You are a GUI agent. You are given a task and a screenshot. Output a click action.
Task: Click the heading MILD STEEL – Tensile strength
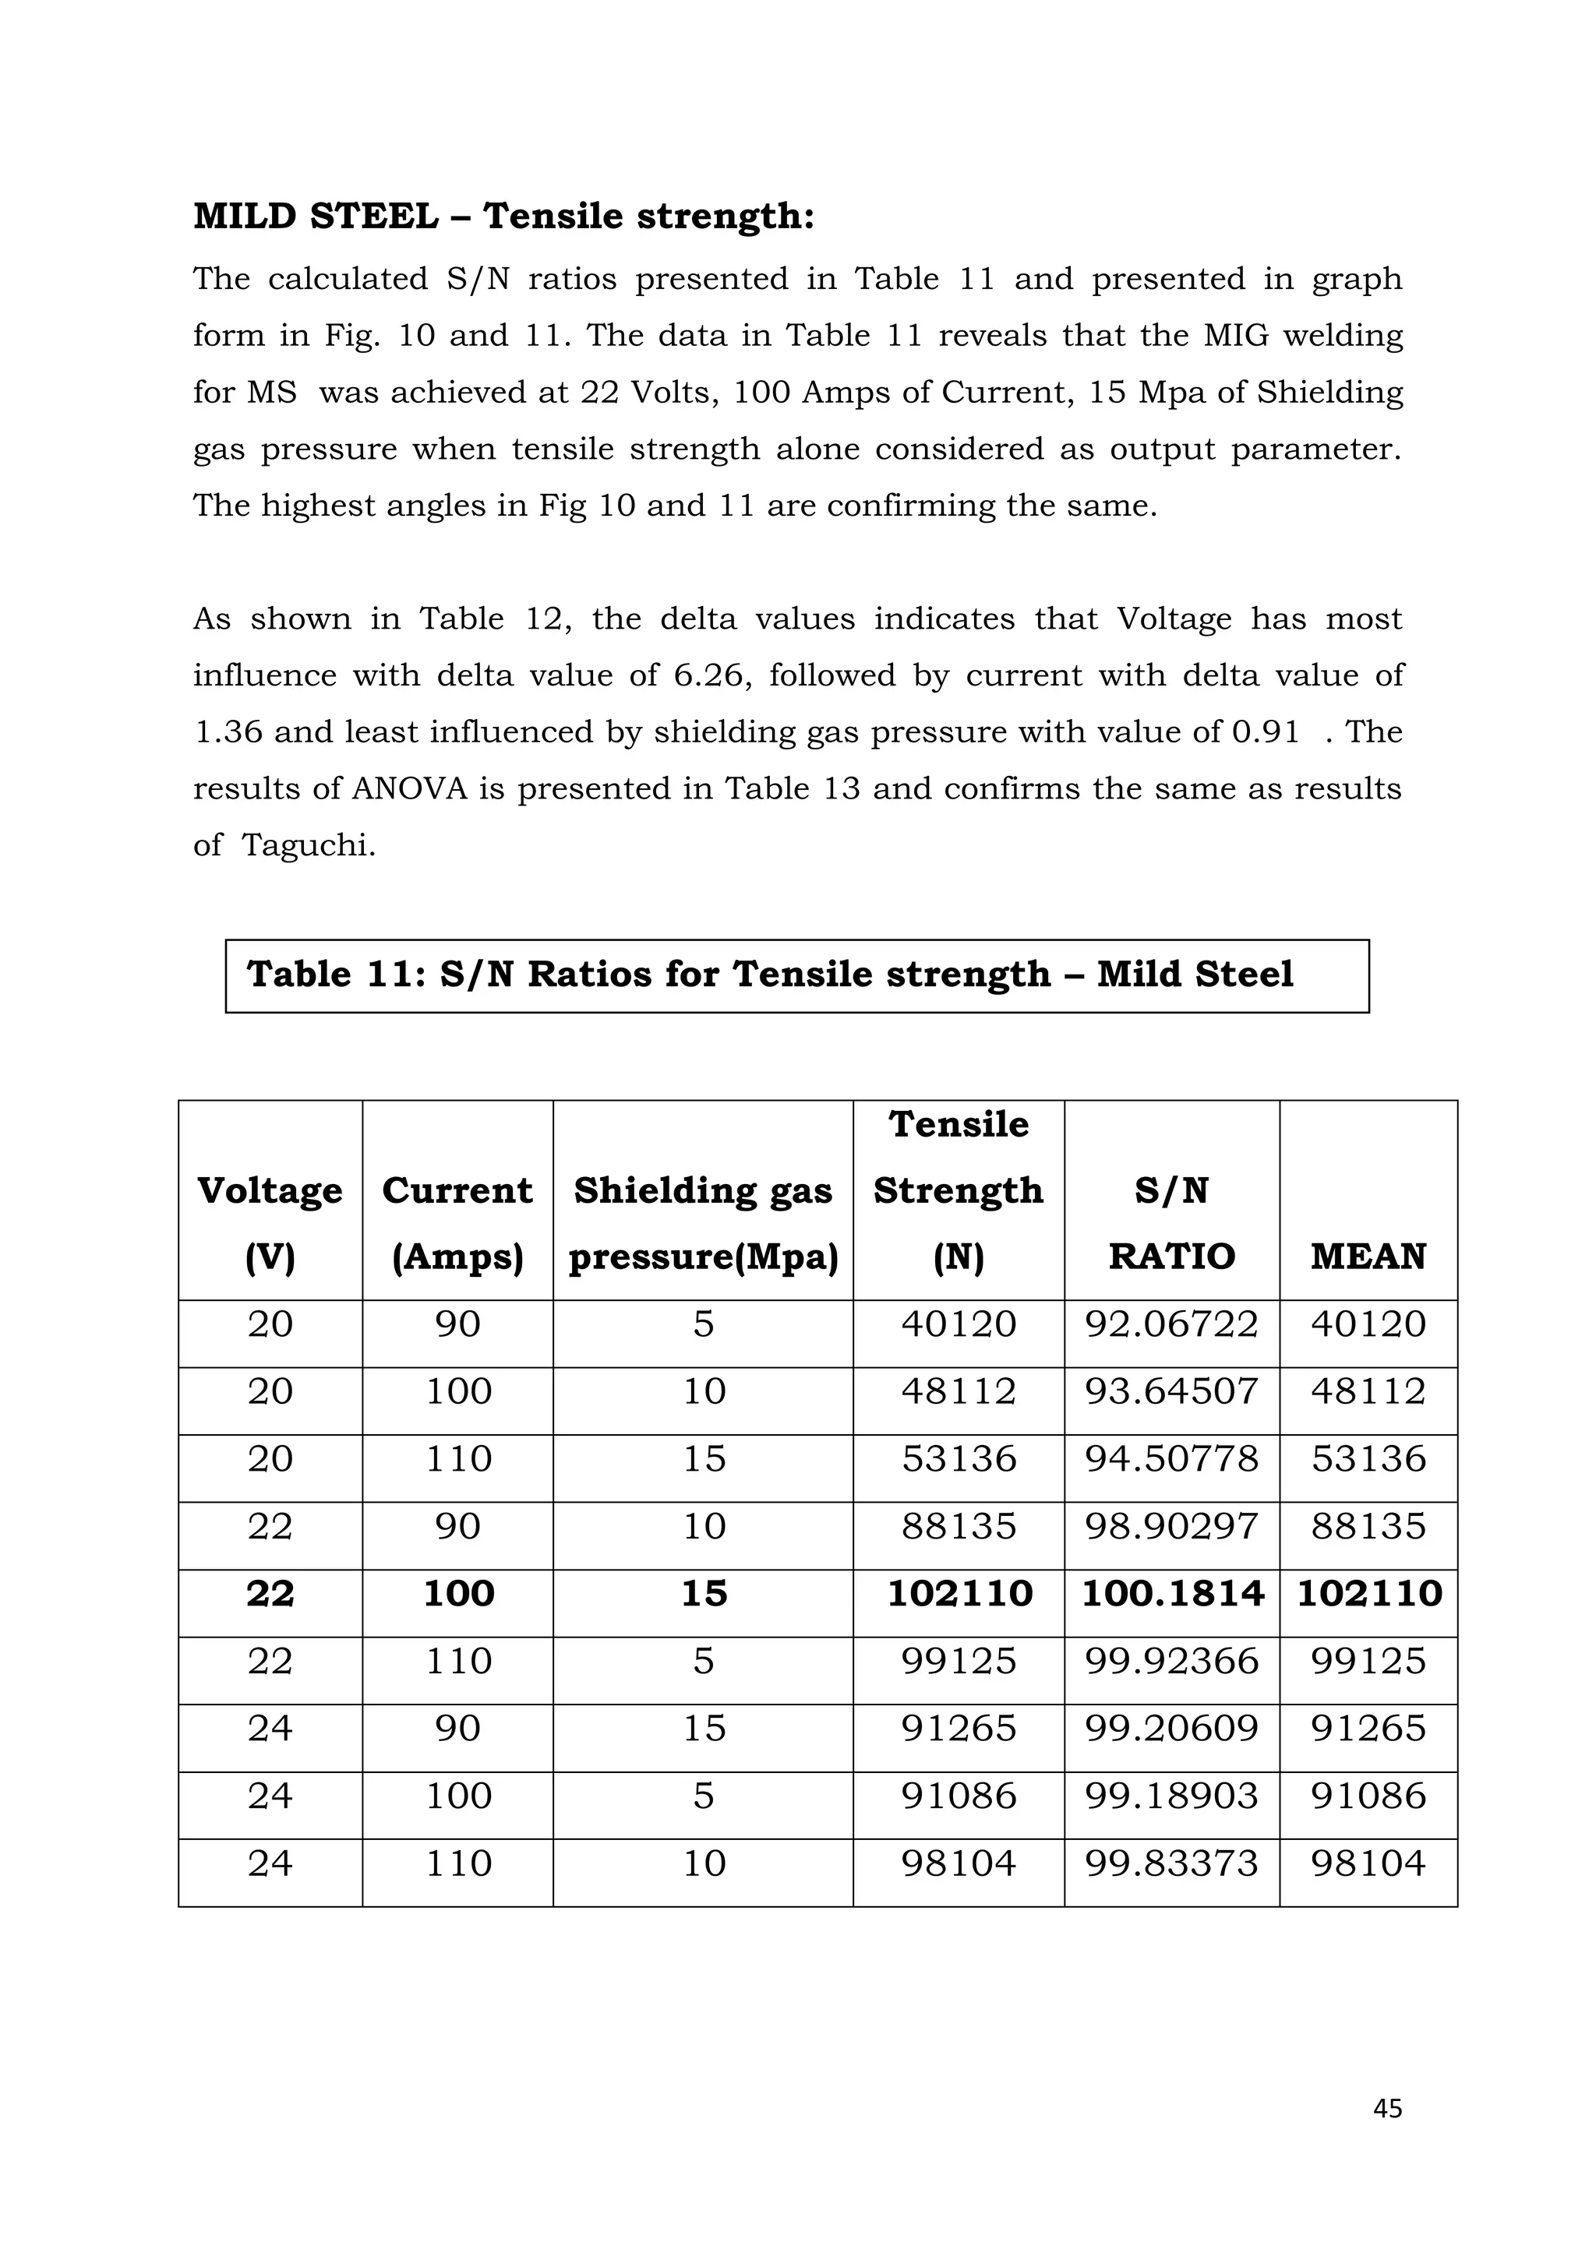pos(503,216)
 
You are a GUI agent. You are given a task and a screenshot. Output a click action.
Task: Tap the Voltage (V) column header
pos(270,1222)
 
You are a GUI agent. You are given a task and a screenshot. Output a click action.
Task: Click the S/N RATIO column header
pos(1171,1222)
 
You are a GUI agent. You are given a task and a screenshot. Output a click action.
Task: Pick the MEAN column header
pos(1367,1256)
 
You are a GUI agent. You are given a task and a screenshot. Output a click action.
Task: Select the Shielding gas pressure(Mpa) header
pos(703,1222)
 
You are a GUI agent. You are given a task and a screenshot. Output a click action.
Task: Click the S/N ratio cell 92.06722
pos(1171,1324)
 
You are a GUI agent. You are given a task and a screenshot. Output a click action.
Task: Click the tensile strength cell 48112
pos(959,1391)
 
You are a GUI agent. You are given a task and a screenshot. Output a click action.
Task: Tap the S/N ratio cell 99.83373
pos(1171,1863)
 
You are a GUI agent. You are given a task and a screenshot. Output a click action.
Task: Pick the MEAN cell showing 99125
pos(1367,1662)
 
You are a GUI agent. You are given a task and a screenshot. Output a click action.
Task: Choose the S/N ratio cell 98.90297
pos(1171,1526)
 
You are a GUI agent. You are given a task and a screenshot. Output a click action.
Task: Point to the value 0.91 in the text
pos(1265,732)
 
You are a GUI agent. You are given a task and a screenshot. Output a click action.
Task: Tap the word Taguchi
pos(308,846)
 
